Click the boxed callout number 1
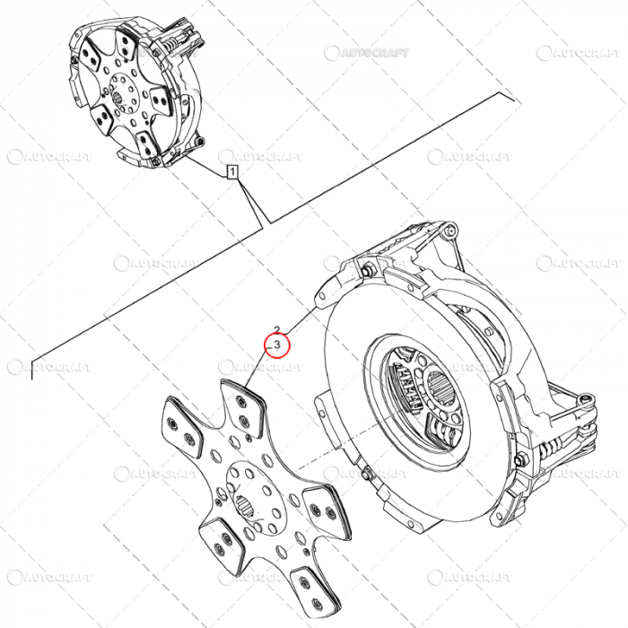tap(231, 171)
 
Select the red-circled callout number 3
tap(277, 344)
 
